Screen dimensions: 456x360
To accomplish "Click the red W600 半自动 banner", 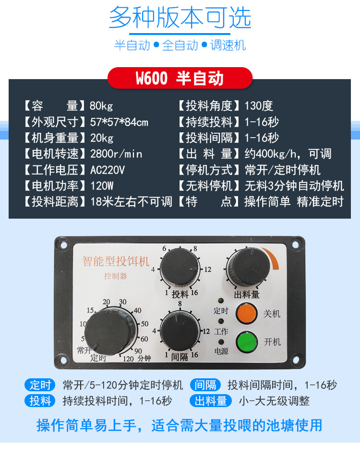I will click(x=180, y=78).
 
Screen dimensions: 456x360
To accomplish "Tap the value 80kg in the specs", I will click(x=101, y=106).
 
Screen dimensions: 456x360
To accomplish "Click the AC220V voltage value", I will click(x=108, y=170).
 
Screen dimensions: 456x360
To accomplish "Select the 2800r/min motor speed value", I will click(x=116, y=154).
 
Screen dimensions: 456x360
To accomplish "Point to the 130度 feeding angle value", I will click(x=259, y=106).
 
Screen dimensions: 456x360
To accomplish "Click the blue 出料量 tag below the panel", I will click(x=211, y=401).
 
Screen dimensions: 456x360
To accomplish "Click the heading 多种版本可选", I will click(x=180, y=18).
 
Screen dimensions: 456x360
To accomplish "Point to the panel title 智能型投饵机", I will click(x=116, y=261).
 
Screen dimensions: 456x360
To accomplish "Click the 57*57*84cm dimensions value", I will click(x=119, y=122).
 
